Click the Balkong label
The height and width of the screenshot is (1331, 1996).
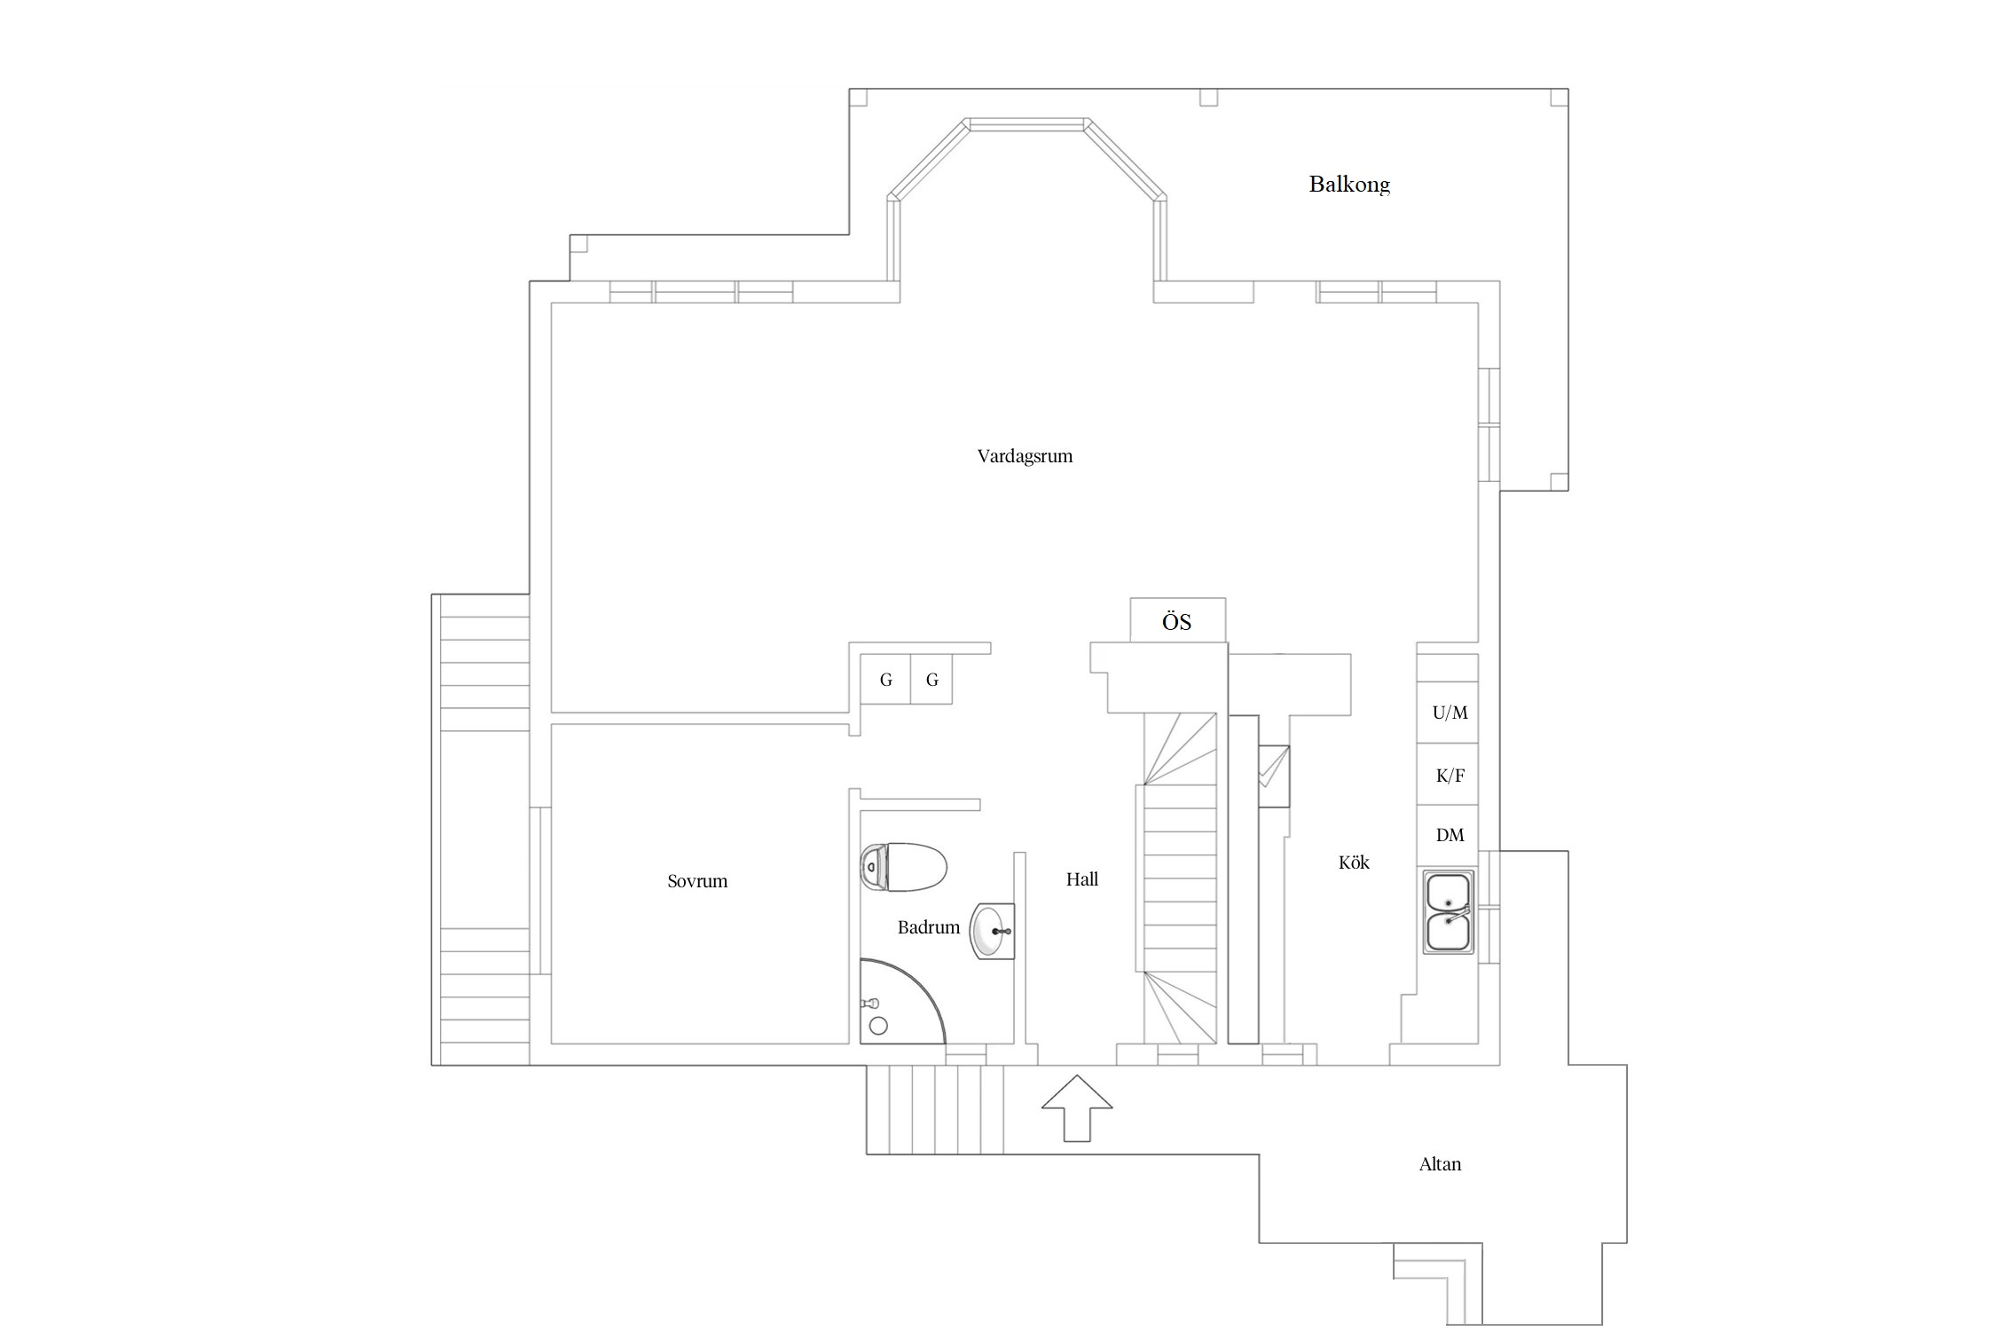[x=1349, y=185]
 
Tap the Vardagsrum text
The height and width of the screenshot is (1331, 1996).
[x=1025, y=456]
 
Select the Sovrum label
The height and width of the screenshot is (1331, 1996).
[x=697, y=881]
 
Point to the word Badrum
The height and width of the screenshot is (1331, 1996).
[x=928, y=927]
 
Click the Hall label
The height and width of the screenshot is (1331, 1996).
[x=1082, y=879]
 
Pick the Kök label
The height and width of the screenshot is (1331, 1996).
[x=1354, y=862]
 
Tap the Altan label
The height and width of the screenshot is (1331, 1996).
[x=1440, y=1164]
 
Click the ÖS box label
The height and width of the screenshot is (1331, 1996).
[x=1177, y=621]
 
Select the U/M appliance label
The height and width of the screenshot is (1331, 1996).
[x=1450, y=713]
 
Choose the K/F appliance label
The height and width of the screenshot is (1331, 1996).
[x=1450, y=776]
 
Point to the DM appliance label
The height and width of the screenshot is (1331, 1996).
[x=1450, y=835]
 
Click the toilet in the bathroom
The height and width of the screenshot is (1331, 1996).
[x=904, y=867]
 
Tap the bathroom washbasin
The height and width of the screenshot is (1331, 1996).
[x=992, y=931]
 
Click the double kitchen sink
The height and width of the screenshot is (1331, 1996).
[x=1448, y=912]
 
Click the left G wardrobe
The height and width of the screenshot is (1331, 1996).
[x=885, y=680]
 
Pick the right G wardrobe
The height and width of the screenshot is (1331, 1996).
[x=931, y=680]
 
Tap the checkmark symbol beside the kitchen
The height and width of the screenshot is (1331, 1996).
[x=1273, y=768]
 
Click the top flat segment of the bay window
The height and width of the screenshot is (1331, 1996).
[x=1027, y=124]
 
